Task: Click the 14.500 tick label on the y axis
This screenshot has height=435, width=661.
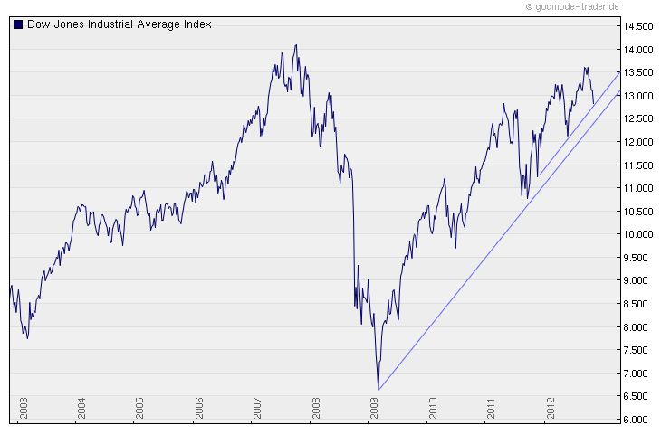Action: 638,26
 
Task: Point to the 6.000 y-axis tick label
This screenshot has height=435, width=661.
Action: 638,420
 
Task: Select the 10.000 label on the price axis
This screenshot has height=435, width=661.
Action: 638,234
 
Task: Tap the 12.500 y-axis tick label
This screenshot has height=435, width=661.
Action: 638,118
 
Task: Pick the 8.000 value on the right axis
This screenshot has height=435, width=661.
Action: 638,327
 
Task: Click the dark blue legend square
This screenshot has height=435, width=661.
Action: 18,24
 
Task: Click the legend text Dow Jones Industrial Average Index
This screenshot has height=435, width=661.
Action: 119,24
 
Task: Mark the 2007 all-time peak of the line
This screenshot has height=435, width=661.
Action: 295,45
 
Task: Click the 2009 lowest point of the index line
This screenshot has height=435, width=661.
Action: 378,390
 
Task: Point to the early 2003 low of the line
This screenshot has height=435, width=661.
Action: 28,338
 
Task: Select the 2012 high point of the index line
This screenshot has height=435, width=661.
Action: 585,67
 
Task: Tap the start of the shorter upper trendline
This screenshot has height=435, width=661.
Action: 538,177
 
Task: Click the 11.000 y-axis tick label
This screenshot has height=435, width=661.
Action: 638,188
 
